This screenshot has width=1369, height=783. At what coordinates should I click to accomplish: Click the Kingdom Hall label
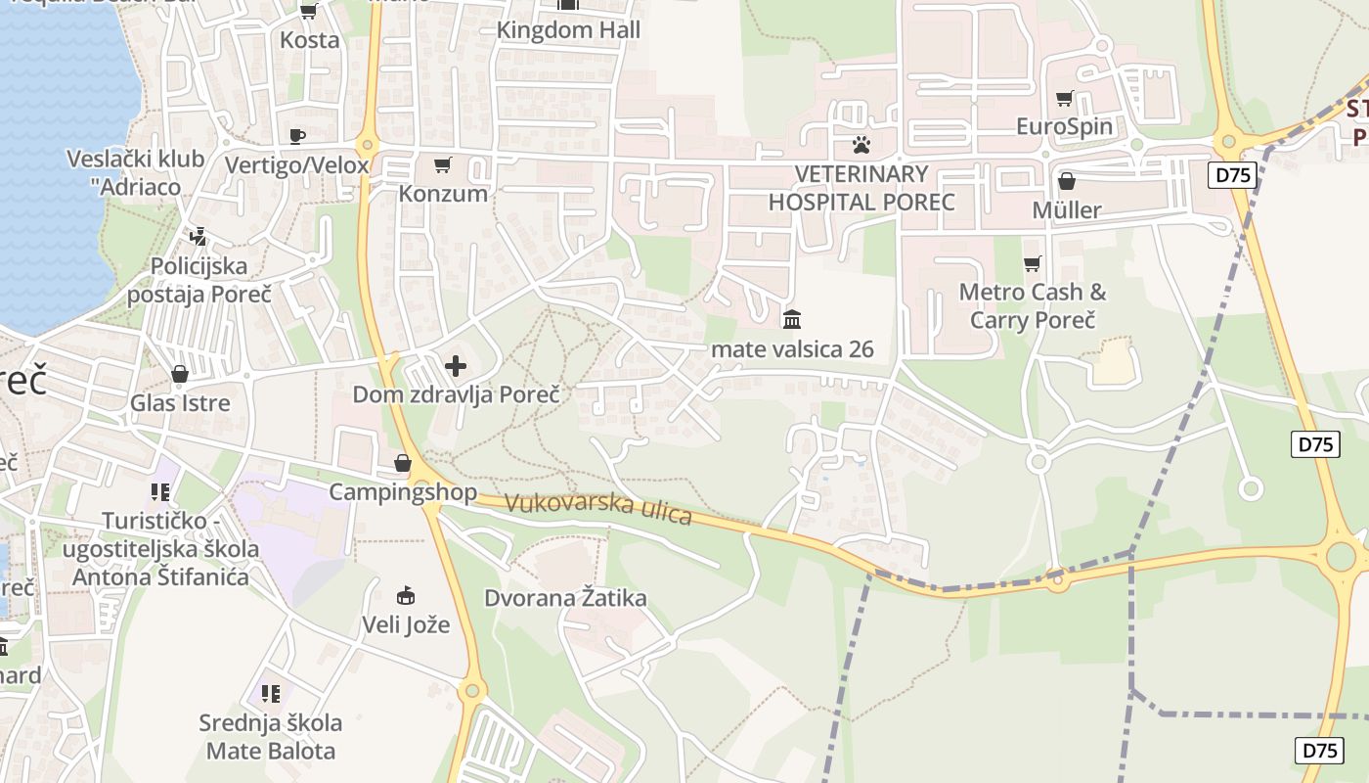[x=568, y=30]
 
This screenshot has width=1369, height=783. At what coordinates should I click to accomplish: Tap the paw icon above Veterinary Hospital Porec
[x=861, y=145]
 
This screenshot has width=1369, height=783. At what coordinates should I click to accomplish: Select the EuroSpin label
[x=1064, y=126]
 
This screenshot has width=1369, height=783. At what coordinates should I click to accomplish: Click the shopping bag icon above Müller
[x=1067, y=182]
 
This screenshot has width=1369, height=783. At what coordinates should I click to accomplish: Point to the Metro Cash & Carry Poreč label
[x=1033, y=305]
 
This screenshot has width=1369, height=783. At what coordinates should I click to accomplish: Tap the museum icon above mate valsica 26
[x=792, y=319]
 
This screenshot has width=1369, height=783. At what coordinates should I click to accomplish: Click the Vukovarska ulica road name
[x=598, y=510]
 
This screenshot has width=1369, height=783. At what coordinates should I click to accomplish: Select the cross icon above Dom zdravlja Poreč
[x=456, y=367]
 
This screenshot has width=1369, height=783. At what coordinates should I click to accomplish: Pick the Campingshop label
[x=403, y=491]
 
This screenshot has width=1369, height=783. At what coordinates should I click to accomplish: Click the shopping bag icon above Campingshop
[x=403, y=463]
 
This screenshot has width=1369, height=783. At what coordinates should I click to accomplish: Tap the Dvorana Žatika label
[x=565, y=598]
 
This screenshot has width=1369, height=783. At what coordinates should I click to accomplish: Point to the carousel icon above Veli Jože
[x=406, y=595]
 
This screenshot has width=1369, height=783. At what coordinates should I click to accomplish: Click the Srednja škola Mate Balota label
[x=271, y=737]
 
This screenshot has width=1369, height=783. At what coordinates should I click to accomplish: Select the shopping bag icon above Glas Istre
[x=180, y=374]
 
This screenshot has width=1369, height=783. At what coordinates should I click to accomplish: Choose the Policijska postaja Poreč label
[x=199, y=280]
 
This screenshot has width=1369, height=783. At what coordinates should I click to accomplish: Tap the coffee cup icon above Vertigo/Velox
[x=297, y=136]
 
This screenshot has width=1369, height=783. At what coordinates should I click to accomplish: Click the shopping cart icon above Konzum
[x=443, y=164]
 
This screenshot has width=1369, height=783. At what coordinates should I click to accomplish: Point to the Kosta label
[x=310, y=40]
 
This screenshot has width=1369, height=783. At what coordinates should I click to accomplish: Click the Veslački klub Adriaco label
[x=136, y=172]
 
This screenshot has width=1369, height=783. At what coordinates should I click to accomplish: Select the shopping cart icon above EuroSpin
[x=1064, y=98]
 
